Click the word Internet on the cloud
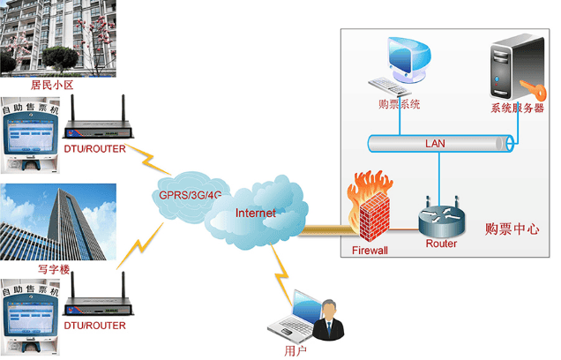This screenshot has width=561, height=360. pos(256,213)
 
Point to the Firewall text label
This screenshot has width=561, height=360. pos(370,251)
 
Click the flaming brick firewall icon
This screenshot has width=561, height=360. pos(371,208)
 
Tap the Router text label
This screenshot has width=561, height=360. pos(441,244)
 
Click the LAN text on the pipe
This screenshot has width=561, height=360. pos(435,143)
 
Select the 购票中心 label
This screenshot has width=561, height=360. pos(512,229)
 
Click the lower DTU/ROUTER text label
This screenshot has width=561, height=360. pos(94,326)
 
